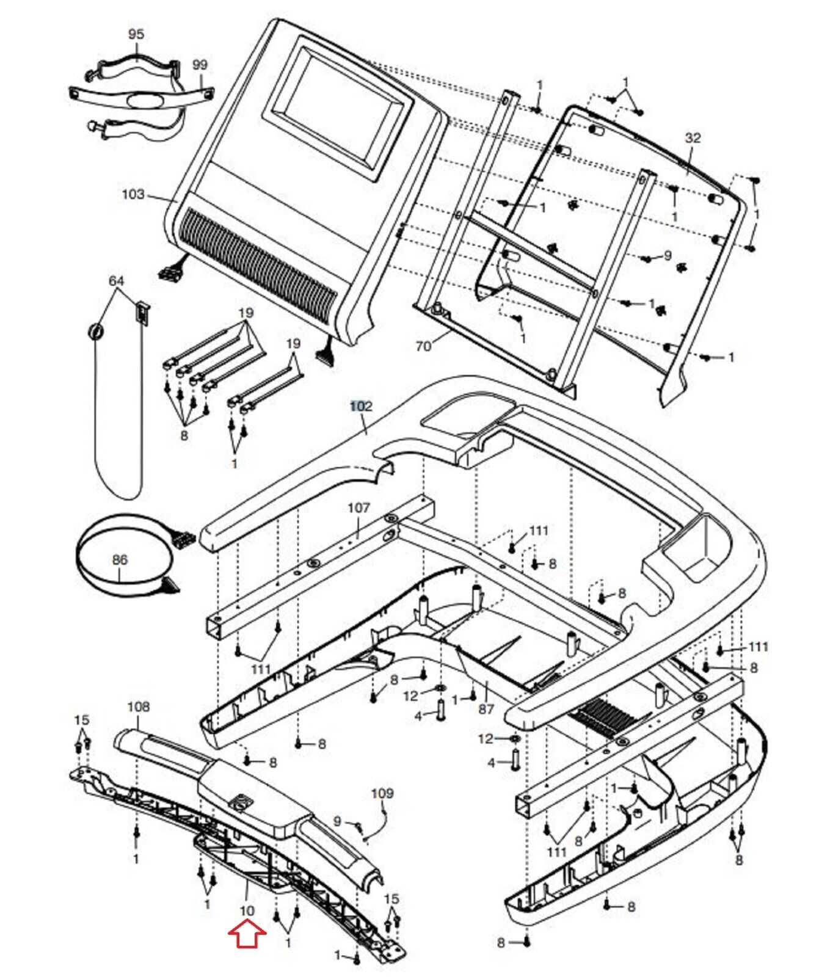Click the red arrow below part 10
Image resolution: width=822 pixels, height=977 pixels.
coord(247,934)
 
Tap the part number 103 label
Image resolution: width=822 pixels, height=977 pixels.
coord(133,194)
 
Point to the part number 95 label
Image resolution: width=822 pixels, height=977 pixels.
coord(136,34)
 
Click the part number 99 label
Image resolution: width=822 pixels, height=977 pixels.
coord(200,65)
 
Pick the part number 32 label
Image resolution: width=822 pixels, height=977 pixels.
coord(693,138)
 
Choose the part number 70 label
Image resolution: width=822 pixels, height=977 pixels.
coord(423,346)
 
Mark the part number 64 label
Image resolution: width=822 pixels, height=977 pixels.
coord(116,281)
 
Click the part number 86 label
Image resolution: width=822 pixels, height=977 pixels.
coord(120,559)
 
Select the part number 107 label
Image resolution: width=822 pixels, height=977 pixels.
coord(358,507)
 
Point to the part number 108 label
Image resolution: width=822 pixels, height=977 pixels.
coord(138,706)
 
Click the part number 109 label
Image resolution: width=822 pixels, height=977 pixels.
coord(382,793)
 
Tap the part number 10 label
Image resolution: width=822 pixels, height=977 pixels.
coord(247,910)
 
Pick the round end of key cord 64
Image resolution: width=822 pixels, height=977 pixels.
coord(96,332)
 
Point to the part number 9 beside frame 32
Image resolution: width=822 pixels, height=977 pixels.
coord(667,255)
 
